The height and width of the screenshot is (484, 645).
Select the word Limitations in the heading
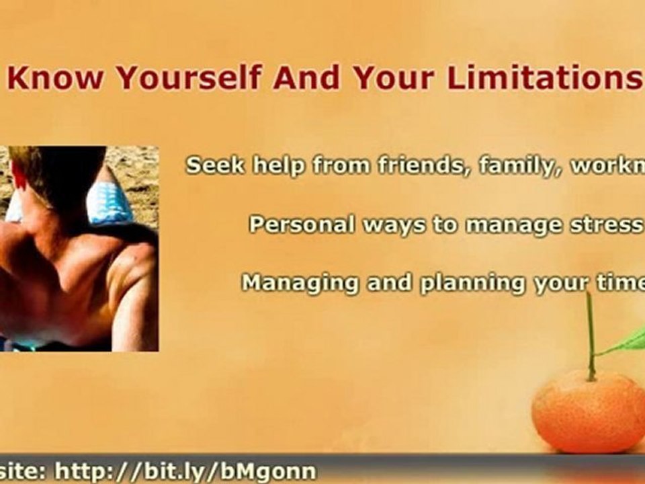point(545,79)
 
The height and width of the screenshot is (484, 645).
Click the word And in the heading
point(307,79)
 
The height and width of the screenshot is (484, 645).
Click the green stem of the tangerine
point(591,336)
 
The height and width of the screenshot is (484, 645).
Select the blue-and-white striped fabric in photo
point(111,202)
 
